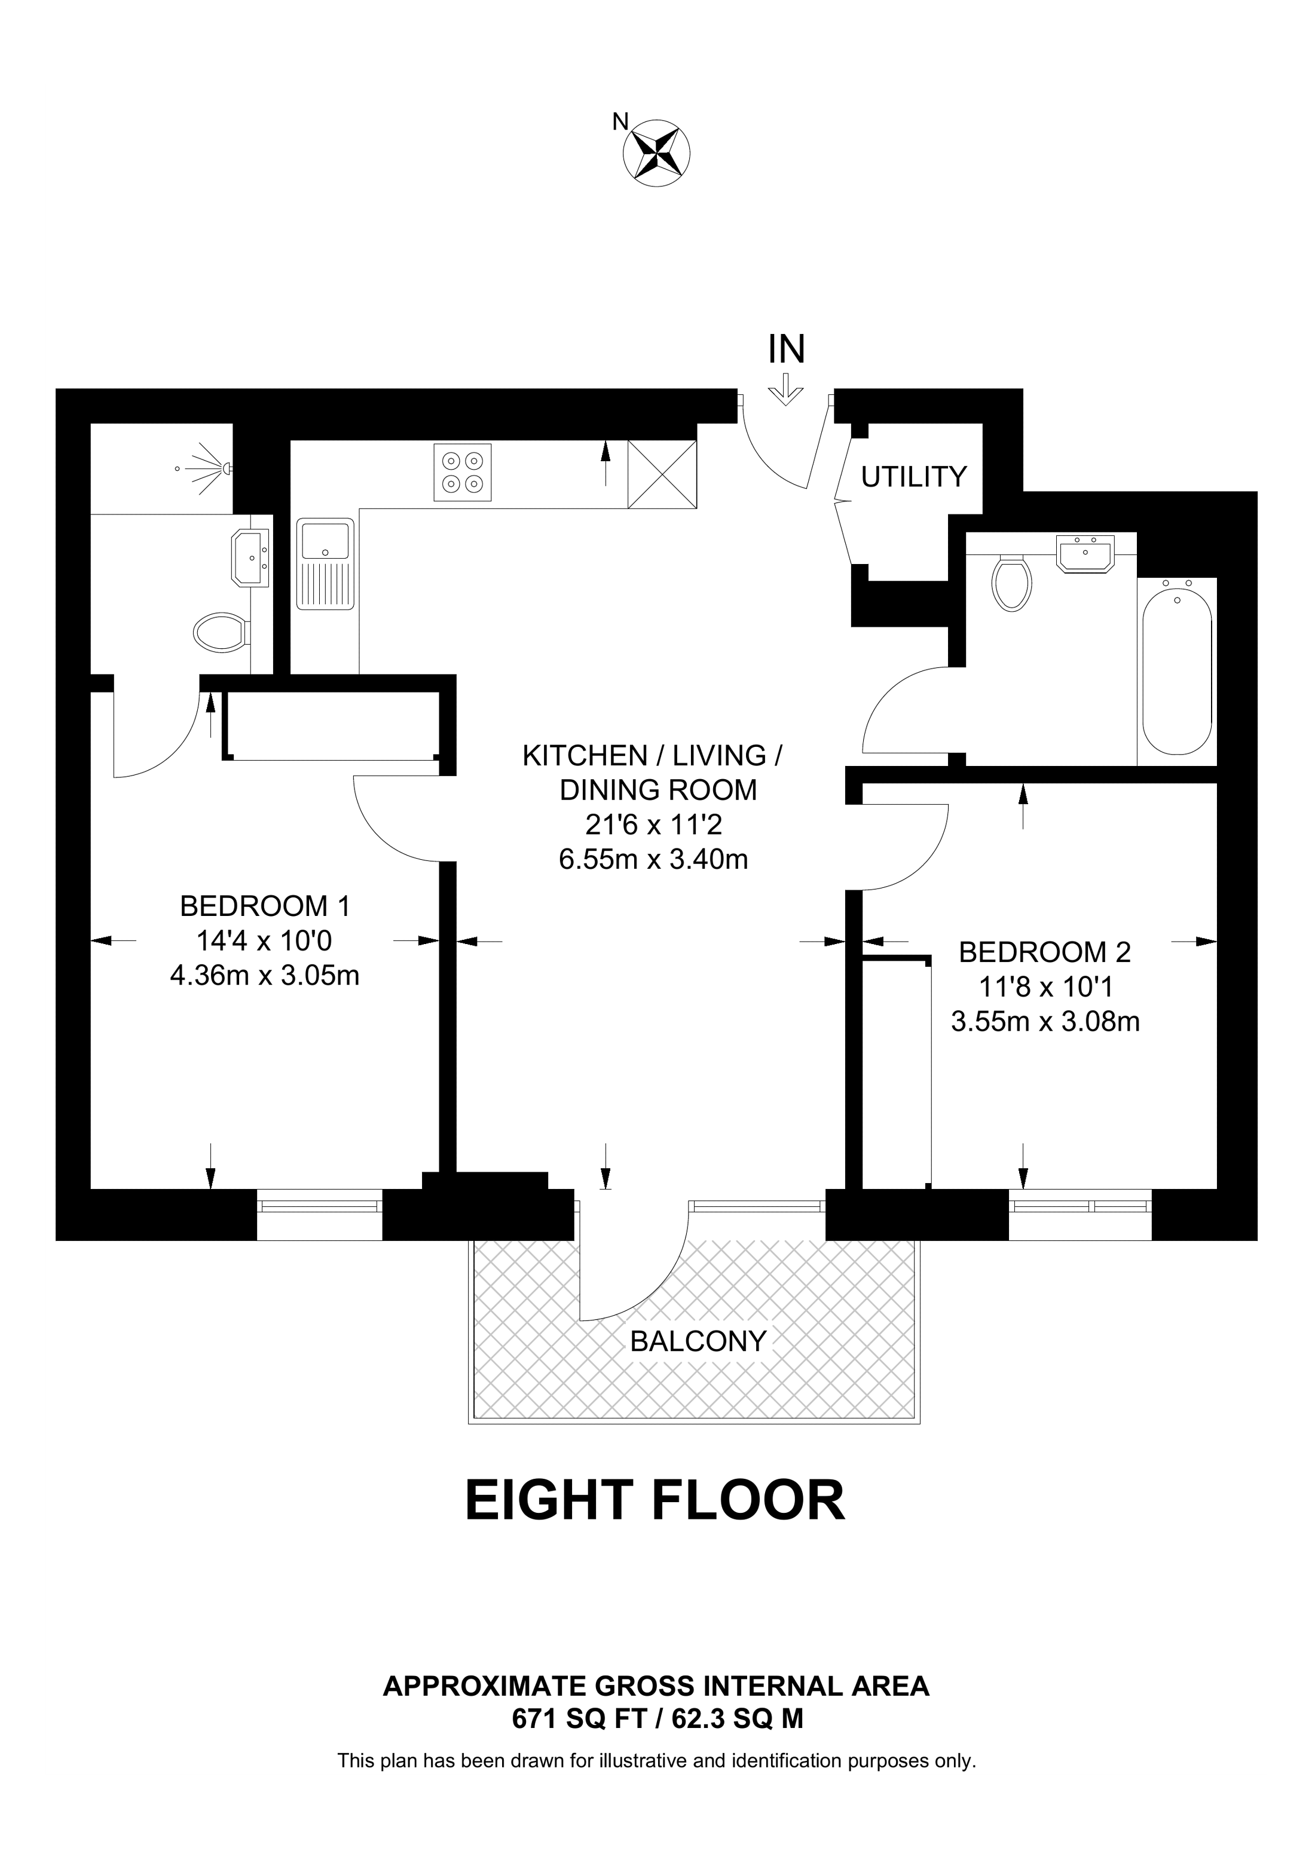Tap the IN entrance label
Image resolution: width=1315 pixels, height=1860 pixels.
pyautogui.click(x=786, y=349)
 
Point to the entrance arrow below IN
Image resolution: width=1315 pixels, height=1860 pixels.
pyautogui.click(x=785, y=389)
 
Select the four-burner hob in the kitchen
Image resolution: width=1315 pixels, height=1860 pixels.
pyautogui.click(x=463, y=472)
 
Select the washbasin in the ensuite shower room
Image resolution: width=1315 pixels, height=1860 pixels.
pyautogui.click(x=252, y=557)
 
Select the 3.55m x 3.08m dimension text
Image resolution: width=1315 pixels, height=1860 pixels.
pyautogui.click(x=1045, y=1022)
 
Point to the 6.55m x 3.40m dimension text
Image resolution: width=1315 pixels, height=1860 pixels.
pyautogui.click(x=653, y=859)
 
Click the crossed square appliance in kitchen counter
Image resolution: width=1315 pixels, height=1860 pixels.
pyautogui.click(x=662, y=474)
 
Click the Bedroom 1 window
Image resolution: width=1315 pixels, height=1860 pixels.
pyautogui.click(x=319, y=1214)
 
